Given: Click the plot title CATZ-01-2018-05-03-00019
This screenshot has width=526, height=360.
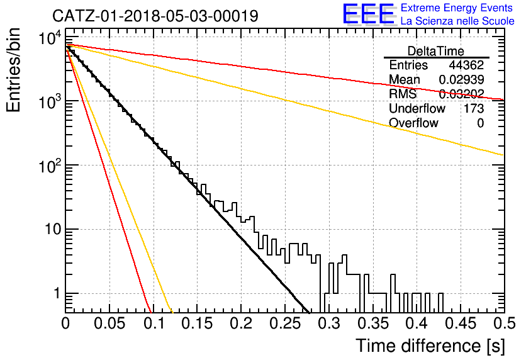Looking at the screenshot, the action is tap(155, 16).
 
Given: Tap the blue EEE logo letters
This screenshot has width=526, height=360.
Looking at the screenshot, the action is tap(368, 14).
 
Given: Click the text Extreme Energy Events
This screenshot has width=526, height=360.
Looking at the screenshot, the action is tap(457, 8).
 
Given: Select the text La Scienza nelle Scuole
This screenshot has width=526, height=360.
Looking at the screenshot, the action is tap(457, 21).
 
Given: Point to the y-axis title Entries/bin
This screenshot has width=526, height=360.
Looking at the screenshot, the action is tap(13, 70).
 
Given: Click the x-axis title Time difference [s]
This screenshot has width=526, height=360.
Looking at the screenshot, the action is tap(430, 346).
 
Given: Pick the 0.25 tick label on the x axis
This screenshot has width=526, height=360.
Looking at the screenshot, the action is tap(286, 323).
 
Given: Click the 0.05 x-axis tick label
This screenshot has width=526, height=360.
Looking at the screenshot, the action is tap(109, 323).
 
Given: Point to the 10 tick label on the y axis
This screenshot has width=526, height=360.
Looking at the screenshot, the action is tap(53, 230).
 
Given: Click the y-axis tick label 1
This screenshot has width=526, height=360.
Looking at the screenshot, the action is tap(57, 293).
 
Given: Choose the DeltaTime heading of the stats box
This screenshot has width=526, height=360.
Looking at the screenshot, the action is tap(436, 51).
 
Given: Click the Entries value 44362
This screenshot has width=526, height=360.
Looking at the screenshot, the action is tap(466, 65).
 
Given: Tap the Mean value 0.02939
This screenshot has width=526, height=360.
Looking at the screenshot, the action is tap(462, 79).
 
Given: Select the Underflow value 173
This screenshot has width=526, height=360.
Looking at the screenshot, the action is tap(474, 108).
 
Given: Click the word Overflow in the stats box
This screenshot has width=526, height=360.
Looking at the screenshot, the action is tap(413, 123).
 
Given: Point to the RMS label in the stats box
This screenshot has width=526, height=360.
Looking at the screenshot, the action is tap(403, 94).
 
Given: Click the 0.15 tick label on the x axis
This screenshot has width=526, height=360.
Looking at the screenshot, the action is tap(198, 323).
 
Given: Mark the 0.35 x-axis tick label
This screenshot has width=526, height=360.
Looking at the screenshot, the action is tap(373, 323).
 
